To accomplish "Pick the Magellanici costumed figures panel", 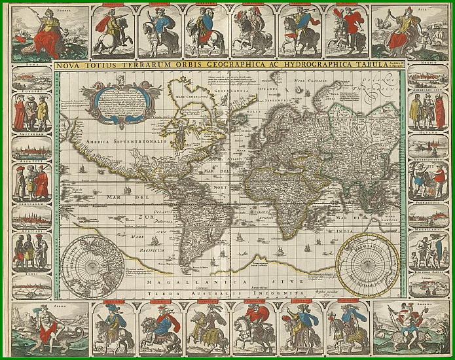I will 428,249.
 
